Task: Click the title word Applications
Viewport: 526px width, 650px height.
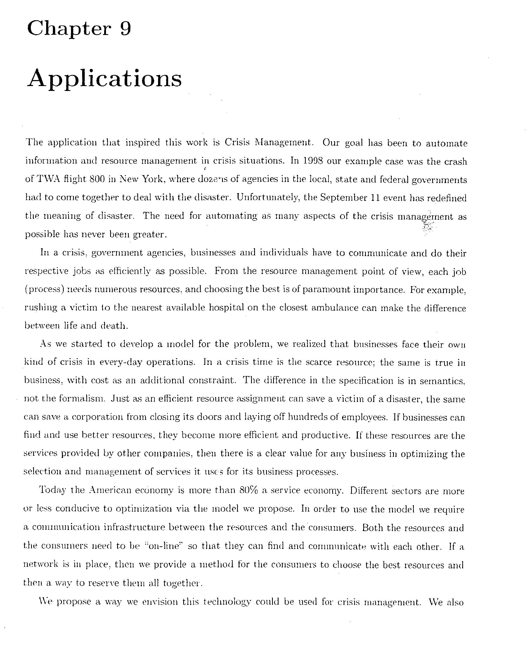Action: pyautogui.click(x=104, y=79)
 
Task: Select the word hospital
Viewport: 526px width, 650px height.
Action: pyautogui.click(x=226, y=308)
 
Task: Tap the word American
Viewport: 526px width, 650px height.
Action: pyautogui.click(x=110, y=490)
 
